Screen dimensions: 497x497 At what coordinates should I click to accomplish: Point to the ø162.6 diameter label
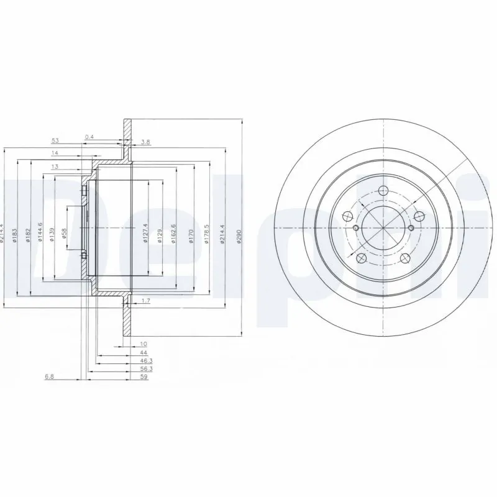[176, 235]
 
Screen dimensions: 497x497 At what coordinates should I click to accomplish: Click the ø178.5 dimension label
[206, 235]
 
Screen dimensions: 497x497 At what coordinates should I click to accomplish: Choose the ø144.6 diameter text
[40, 233]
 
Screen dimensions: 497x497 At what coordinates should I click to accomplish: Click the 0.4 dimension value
[89, 137]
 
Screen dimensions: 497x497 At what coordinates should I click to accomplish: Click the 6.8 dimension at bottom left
[48, 376]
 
